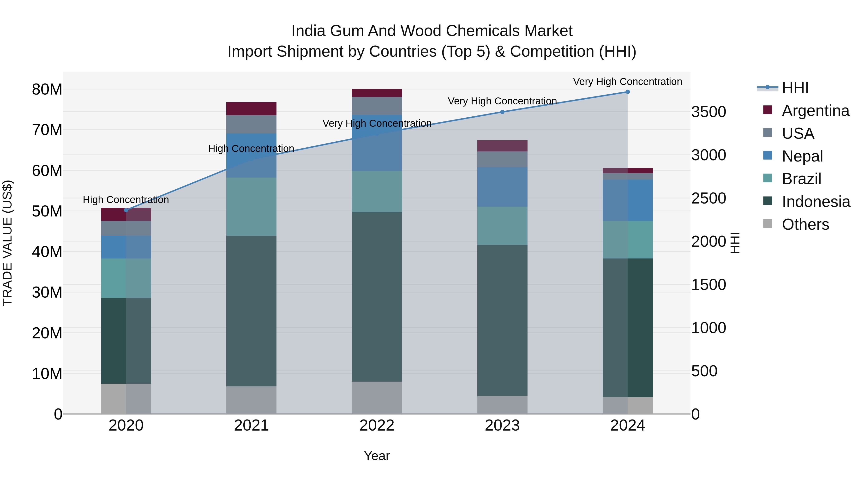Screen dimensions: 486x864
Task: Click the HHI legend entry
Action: [795, 88]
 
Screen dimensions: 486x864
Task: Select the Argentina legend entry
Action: [815, 111]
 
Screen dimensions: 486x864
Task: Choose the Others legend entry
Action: [805, 224]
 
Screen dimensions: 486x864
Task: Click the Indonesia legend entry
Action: [816, 202]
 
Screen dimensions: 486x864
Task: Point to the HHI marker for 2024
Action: [628, 92]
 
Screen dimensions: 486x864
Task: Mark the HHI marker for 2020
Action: [126, 210]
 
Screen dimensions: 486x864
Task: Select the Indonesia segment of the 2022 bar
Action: [377, 297]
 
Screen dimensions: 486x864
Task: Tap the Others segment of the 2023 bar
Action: [502, 405]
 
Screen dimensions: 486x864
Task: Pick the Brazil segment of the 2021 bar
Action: [251, 207]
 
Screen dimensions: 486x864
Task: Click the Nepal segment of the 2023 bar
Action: [502, 187]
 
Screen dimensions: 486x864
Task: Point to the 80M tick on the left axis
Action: [47, 90]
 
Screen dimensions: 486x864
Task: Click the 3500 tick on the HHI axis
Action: [708, 112]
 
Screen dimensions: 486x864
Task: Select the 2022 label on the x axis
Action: [377, 426]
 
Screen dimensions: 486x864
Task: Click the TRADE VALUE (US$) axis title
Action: [7, 243]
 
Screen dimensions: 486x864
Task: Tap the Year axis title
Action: [377, 456]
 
